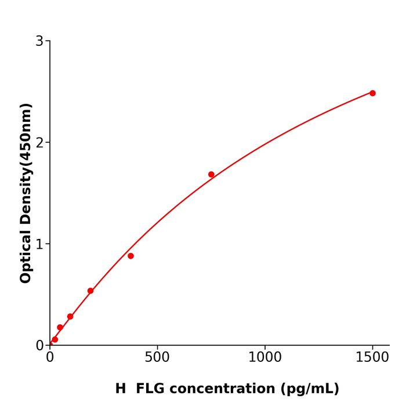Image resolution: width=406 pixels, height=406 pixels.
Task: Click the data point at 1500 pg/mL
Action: click(x=372, y=93)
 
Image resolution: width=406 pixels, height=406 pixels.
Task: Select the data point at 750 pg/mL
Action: click(x=211, y=175)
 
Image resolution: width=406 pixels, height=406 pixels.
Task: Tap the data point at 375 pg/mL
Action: click(x=130, y=256)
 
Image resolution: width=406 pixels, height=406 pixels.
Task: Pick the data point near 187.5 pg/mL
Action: click(x=90, y=291)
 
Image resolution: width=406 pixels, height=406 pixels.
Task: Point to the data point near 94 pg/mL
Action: click(x=70, y=317)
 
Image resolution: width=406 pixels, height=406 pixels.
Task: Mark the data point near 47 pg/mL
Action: click(x=60, y=328)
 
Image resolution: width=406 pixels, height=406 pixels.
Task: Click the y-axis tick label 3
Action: click(x=39, y=41)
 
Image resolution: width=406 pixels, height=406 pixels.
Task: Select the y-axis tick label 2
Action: click(x=39, y=143)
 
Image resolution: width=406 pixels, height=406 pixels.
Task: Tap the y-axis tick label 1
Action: click(x=39, y=244)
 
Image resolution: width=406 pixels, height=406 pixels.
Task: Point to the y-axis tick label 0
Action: click(x=39, y=346)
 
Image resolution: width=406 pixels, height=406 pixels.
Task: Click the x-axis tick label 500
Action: click(x=157, y=358)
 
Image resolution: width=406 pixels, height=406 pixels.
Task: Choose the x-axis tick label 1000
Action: click(x=264, y=358)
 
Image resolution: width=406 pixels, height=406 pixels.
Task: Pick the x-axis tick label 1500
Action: click(x=372, y=358)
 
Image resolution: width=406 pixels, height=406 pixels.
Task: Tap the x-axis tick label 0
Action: click(x=50, y=358)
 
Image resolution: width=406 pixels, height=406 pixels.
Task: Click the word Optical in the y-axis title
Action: click(x=26, y=257)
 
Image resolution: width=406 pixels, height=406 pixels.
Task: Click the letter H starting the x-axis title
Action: click(x=120, y=389)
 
